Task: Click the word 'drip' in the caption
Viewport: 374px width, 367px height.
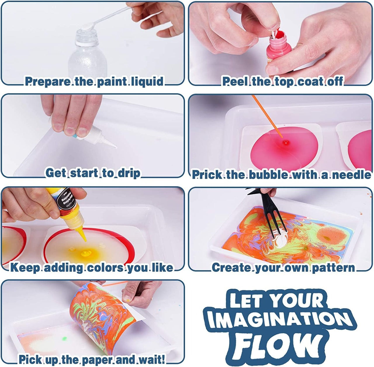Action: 129,173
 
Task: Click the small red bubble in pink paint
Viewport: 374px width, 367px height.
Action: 284,142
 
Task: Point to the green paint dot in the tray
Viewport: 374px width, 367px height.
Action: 64,339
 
